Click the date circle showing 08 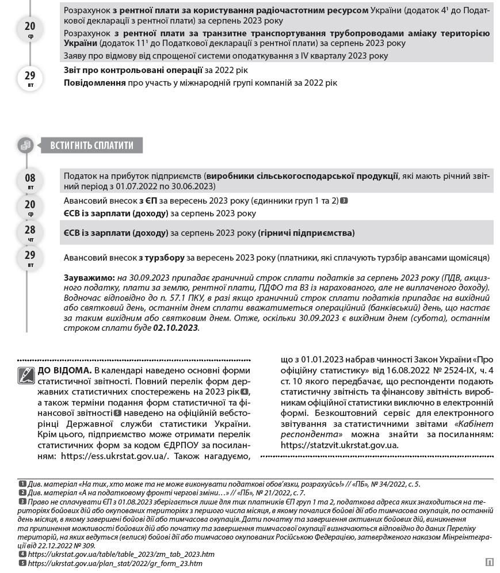coord(30,181)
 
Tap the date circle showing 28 coord(30,232)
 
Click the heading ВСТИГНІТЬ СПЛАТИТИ coord(91,146)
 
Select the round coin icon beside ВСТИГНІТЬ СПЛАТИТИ coord(25,146)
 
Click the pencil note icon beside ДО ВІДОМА coord(26,375)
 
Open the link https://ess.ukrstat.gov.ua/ coord(114,456)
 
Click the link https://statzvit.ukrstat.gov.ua coord(339,445)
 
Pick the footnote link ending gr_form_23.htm coord(115,564)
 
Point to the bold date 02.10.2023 coord(175,328)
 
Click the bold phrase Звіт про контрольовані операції coord(133,70)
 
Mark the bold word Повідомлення coord(94,83)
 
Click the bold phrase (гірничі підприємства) coord(306,233)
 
